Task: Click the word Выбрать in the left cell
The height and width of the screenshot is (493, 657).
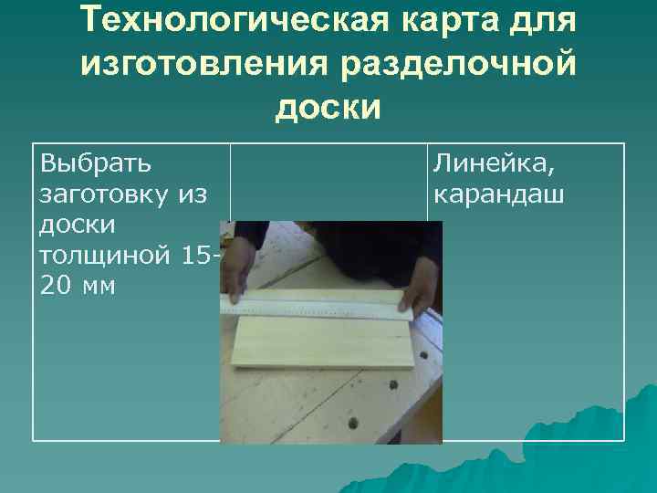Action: (x=96, y=164)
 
